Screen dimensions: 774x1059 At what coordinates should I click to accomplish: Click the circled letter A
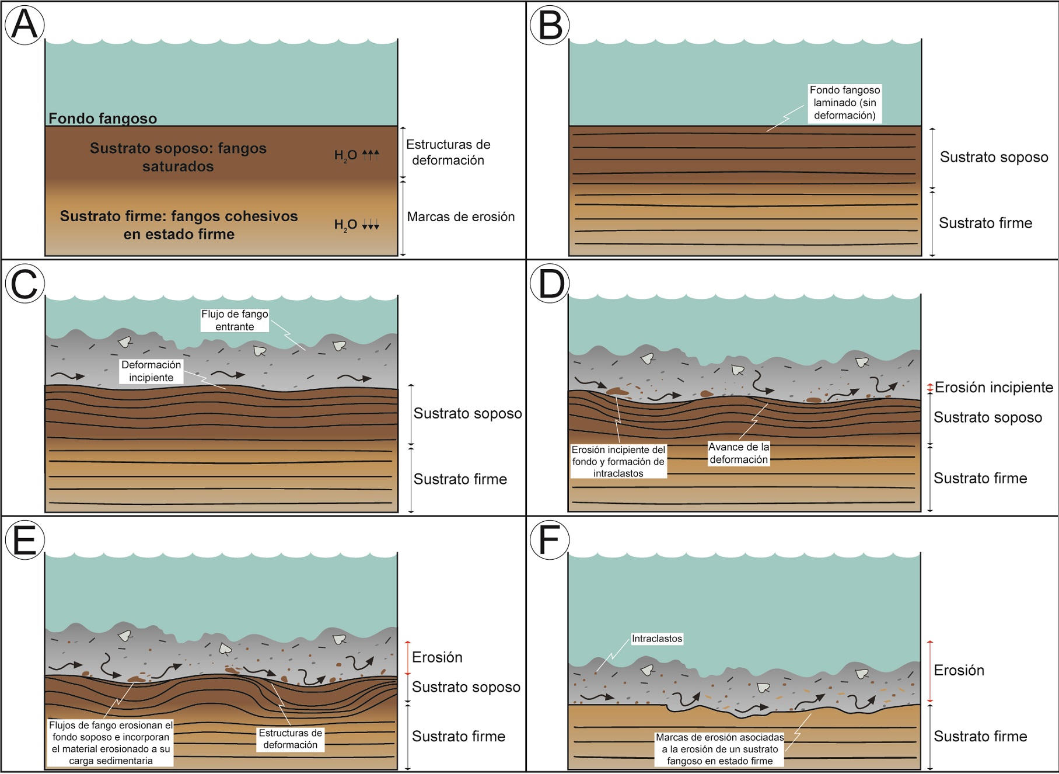25,25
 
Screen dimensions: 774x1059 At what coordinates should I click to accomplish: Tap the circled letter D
550,284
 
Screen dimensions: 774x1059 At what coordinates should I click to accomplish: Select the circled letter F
550,540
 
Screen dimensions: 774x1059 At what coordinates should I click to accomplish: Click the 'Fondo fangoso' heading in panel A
103,118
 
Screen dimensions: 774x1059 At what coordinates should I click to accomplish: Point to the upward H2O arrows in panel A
371,155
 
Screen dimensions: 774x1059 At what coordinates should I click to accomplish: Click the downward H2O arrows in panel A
371,225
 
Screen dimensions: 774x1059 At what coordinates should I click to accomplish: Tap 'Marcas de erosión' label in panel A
461,217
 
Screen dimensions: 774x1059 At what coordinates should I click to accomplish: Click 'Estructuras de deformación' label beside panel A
448,152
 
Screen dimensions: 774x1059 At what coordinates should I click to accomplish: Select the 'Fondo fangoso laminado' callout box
844,103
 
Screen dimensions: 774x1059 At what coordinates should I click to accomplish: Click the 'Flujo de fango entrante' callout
235,320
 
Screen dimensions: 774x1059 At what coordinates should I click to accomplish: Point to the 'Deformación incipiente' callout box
151,371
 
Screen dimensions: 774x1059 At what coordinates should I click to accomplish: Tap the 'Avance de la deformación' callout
739,453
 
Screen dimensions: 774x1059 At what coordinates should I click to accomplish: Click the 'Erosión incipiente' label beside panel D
994,387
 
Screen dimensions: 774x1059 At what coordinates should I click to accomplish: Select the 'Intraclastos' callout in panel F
657,639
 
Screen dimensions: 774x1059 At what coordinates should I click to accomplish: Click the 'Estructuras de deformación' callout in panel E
290,738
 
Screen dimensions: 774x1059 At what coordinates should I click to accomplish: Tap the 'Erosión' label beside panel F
959,670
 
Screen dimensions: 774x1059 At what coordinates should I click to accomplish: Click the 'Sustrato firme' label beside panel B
985,223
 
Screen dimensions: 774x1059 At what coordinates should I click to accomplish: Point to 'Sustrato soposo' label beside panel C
467,413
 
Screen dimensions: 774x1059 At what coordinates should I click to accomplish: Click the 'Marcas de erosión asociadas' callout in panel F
720,749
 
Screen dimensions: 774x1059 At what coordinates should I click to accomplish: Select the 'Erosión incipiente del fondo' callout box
618,461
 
